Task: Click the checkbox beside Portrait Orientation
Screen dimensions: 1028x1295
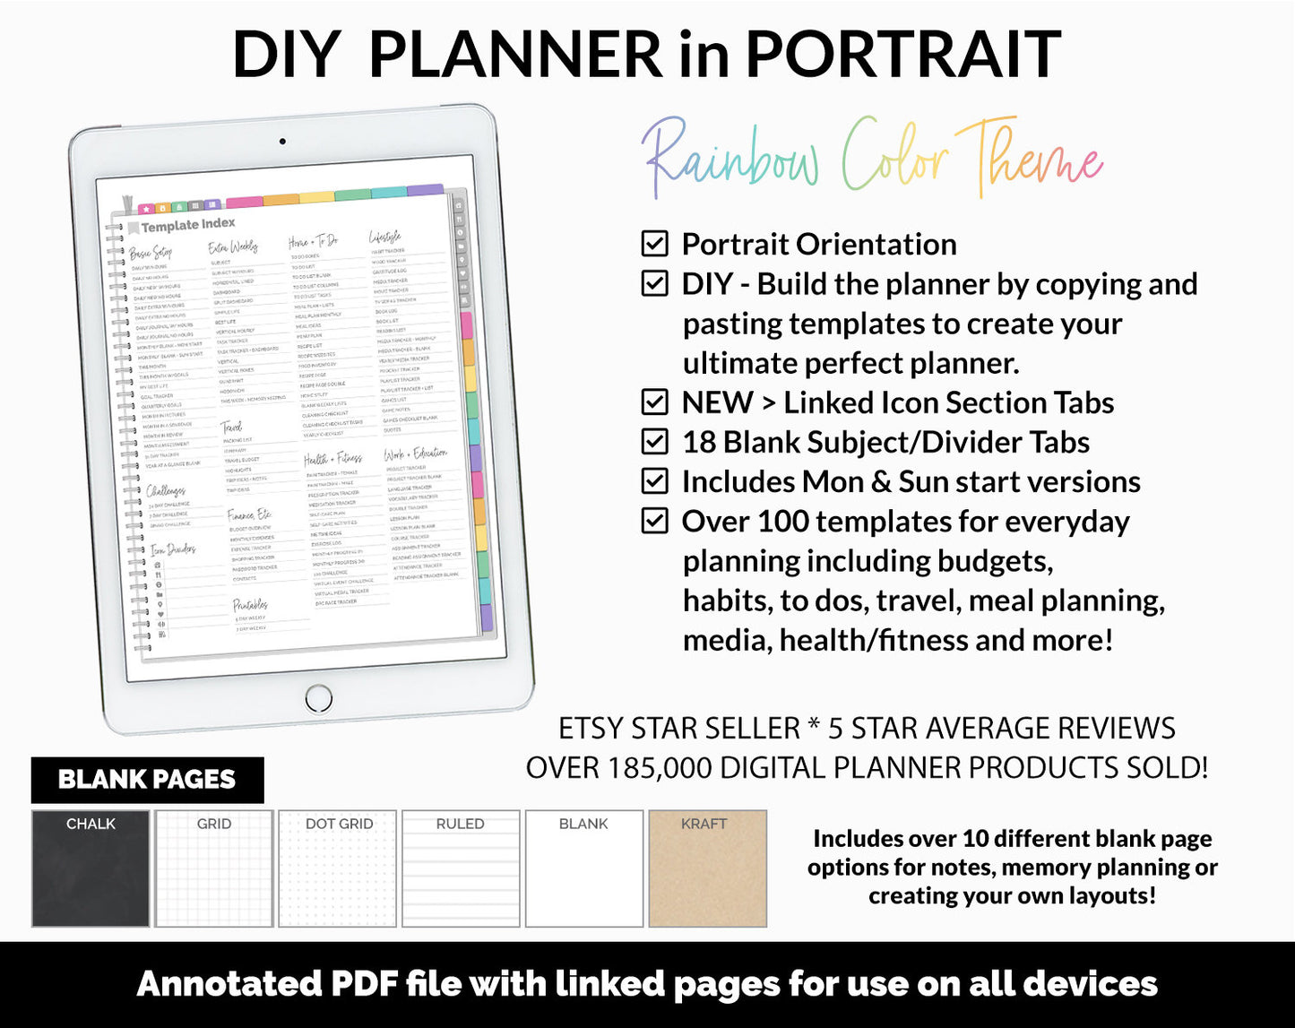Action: tap(655, 244)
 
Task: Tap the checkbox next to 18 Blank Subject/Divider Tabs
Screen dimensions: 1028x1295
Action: tap(655, 442)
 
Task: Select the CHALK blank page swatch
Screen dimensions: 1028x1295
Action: tap(91, 868)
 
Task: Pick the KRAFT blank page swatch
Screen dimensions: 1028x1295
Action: tap(707, 868)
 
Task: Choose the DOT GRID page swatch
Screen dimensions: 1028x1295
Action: tap(338, 868)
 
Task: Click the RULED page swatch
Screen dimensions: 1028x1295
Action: tap(461, 868)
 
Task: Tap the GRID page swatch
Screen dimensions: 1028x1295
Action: tap(214, 868)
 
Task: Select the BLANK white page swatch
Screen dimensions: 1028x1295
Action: tap(583, 868)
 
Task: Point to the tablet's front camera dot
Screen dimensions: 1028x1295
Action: tap(282, 142)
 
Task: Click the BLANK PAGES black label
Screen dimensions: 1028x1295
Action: tap(147, 780)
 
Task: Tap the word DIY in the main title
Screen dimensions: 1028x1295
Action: tap(287, 56)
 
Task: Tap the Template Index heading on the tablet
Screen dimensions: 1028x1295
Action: tap(187, 225)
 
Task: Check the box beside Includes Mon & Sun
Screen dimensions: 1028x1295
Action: tap(655, 481)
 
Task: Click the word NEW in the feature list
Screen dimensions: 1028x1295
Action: tap(717, 402)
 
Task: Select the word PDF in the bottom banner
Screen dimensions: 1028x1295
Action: tap(364, 984)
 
